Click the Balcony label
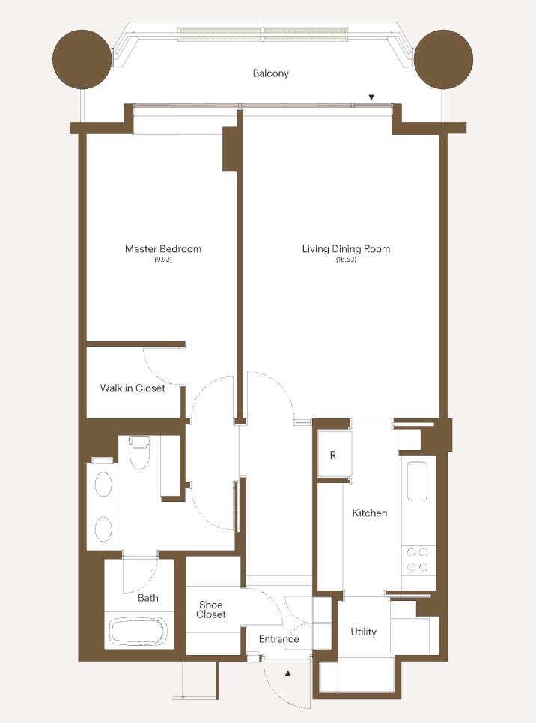coord(271,73)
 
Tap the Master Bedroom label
coord(163,249)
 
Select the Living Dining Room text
coord(346,249)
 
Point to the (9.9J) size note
coord(163,260)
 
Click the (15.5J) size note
coord(346,260)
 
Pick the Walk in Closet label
coord(133,388)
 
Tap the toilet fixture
coord(140,452)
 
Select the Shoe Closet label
coord(211,609)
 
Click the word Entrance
coord(278,639)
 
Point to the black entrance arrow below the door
coord(287,673)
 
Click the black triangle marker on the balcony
coord(371,97)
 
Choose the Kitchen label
coord(370,513)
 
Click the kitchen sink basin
coord(417,481)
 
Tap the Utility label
coord(364,632)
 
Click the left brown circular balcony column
coord(82,59)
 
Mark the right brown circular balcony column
coord(443,59)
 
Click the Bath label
coord(148,598)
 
